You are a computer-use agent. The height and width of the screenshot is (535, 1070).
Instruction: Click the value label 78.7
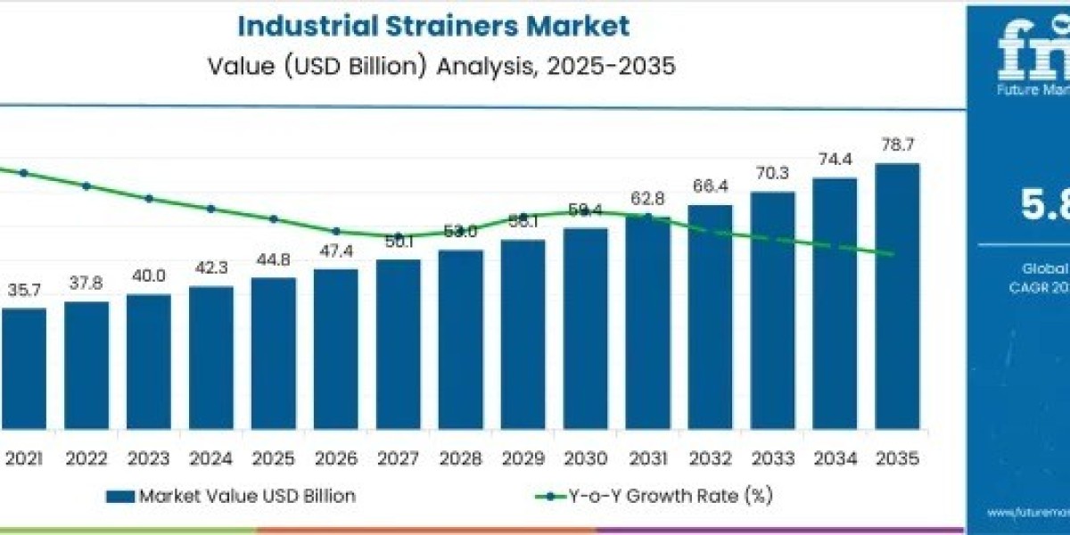pos(896,145)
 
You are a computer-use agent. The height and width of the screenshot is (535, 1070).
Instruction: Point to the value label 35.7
pos(24,290)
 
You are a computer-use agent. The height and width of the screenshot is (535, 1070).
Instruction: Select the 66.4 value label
pos(710,186)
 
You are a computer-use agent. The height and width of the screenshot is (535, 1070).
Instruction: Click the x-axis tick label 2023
pos(148,458)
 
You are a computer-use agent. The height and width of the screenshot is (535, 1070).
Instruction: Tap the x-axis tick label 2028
pos(460,458)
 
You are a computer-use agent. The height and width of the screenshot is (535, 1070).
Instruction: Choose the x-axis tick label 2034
pos(834,458)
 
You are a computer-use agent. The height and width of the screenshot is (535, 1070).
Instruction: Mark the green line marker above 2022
pos(86,186)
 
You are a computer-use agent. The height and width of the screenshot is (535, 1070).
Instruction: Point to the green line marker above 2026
pos(336,231)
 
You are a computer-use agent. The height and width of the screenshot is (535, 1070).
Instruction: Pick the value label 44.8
pos(273,259)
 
